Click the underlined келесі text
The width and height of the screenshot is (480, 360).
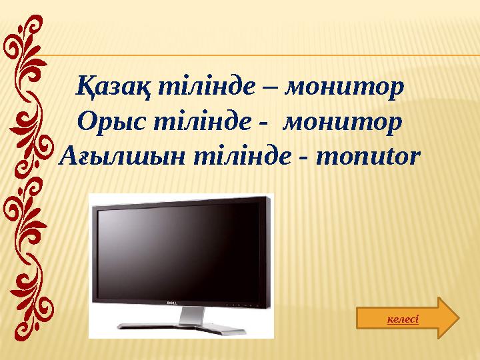[x=403, y=319]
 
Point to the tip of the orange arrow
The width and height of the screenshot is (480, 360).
[x=458, y=317]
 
